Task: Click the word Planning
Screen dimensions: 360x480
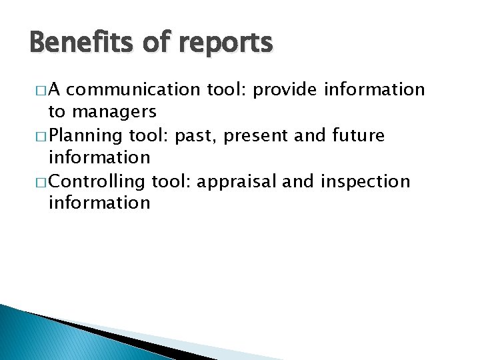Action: [x=85, y=136]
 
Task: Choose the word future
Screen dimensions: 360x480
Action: [x=358, y=135]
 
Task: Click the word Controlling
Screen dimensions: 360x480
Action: [x=97, y=182]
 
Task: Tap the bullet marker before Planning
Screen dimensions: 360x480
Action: [x=34, y=137]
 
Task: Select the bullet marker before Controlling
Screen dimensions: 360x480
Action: [x=34, y=182]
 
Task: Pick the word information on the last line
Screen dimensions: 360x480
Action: [x=99, y=202]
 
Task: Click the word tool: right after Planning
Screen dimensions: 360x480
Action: [x=148, y=136]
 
